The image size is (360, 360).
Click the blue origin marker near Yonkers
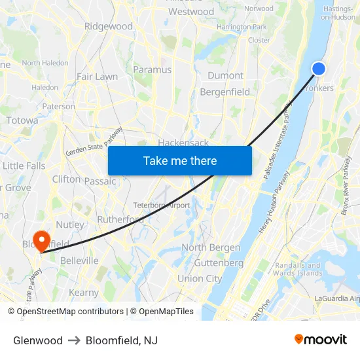pos(319,69)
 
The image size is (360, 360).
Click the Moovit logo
pos(320,340)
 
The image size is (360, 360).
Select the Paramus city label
pos(152,69)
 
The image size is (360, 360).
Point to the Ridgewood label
pos(109,26)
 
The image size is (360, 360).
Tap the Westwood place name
pos(191,11)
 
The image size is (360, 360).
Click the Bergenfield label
pos(225,92)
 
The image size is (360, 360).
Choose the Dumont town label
pos(225,75)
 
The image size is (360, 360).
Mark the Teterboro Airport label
pos(161,205)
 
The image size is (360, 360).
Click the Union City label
pos(200,278)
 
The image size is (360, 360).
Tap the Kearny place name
pos(84,293)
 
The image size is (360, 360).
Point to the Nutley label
pos(70,225)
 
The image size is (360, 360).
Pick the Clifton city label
pos(66,179)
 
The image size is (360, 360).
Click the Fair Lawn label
pos(97,76)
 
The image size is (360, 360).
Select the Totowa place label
pos(22,120)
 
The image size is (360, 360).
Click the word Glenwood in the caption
pos(38,340)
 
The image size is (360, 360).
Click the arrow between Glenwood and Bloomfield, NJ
pos(74,340)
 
